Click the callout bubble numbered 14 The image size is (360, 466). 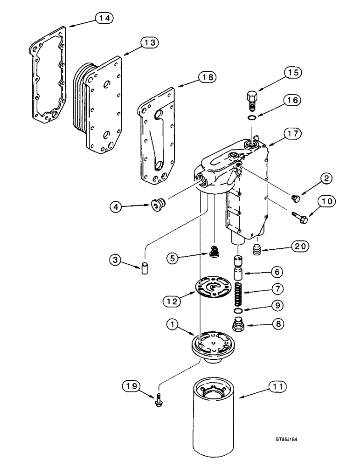(104, 18)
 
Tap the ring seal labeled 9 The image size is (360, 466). (238, 311)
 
